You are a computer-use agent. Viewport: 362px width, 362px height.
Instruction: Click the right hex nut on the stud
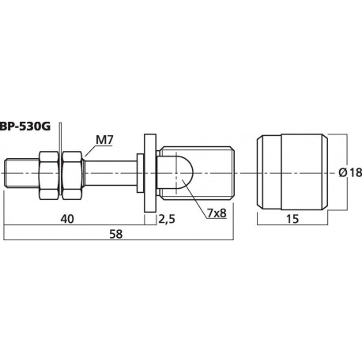tap(74, 172)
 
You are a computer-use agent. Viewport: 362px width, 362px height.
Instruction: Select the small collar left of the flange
tap(140, 172)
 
